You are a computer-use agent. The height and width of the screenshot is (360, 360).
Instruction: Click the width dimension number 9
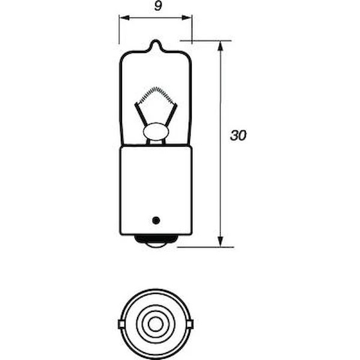pos(157,6)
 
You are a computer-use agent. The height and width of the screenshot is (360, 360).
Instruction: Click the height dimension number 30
pos(238,135)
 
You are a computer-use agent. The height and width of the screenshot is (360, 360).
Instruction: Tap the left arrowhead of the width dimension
pos(124,17)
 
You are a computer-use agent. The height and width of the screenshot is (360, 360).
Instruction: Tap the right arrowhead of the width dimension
pos(187,17)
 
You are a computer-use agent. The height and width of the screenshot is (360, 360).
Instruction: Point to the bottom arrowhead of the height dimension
pos(220,242)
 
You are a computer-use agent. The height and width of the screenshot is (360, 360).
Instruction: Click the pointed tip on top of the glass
pos(156,41)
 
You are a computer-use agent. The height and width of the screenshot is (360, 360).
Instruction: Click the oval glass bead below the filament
pos(156,132)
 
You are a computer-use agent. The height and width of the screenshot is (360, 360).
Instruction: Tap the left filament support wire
pos(141,115)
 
